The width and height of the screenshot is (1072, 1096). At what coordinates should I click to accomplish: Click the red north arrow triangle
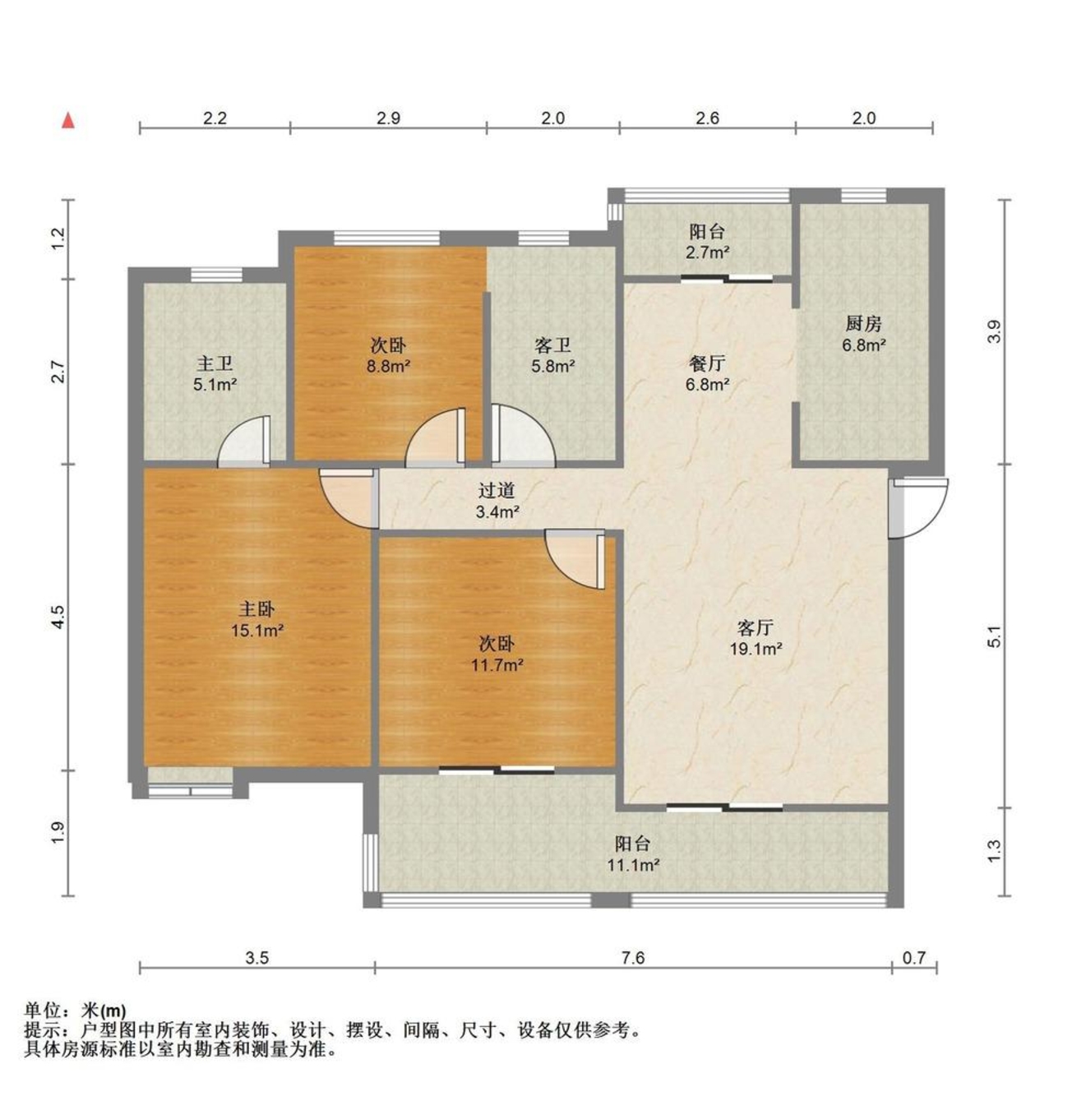tap(68, 121)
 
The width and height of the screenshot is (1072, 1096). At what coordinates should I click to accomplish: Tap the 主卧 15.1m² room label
tap(256, 619)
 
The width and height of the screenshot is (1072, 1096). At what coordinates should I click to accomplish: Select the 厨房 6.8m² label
tap(864, 334)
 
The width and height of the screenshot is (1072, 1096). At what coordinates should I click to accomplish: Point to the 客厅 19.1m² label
tap(755, 638)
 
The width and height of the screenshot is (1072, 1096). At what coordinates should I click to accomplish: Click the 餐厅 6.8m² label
tap(708, 374)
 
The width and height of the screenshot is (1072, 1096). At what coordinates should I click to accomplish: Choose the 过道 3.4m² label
tap(497, 501)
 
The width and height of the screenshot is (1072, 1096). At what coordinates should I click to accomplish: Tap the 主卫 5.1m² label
tap(215, 374)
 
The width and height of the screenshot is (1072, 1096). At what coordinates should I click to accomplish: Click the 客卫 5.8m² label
tap(553, 355)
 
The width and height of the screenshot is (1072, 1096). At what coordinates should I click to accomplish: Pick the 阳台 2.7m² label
tap(707, 242)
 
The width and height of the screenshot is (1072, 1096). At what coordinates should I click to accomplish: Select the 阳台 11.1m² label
tap(633, 853)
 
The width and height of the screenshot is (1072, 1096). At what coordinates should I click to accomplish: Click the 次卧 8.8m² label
tap(388, 355)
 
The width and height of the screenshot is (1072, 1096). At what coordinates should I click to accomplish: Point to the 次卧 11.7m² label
tap(497, 654)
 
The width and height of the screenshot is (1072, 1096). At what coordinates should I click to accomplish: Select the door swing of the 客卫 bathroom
tap(524, 436)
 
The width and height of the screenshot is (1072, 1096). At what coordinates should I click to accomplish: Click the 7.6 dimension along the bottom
tap(633, 957)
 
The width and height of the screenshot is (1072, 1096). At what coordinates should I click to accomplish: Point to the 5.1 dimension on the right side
tap(994, 636)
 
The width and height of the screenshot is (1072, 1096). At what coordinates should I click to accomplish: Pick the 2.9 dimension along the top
tap(389, 118)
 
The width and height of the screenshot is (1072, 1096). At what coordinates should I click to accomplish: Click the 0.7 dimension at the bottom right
tap(914, 957)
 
